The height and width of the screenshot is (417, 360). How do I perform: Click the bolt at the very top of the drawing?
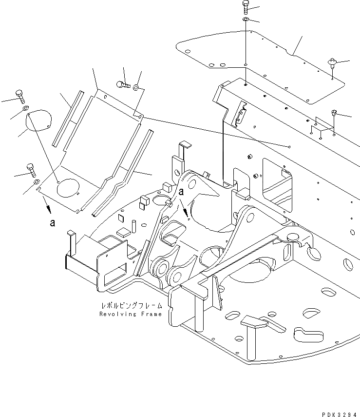click(245, 6)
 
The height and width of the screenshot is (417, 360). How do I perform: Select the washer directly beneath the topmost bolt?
click(246, 19)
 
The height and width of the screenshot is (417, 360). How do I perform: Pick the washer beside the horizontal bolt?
click(136, 87)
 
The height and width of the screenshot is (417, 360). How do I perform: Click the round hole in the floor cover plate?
click(67, 187)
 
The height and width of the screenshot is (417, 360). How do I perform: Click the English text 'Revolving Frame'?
click(130, 314)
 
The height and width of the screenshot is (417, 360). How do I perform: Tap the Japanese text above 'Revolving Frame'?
click(130, 306)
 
